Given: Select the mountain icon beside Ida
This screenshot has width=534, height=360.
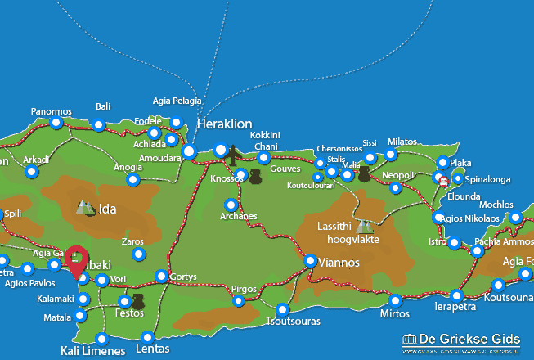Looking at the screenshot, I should pyautogui.click(x=85, y=208).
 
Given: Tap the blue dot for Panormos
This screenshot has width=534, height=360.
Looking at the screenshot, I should pyautogui.click(x=56, y=124).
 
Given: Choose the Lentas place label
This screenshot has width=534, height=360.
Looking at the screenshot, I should pyautogui.click(x=153, y=349).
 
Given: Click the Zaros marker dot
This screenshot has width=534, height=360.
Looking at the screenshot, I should pyautogui.click(x=138, y=255).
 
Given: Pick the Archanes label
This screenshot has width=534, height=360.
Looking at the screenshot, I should pyautogui.click(x=239, y=217).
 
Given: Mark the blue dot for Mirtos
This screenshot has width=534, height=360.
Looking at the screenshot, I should pyautogui.click(x=395, y=300).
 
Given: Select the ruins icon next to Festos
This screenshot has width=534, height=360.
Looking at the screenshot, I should pyautogui.click(x=137, y=301).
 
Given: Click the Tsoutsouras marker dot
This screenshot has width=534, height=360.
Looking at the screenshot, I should pyautogui.click(x=283, y=309).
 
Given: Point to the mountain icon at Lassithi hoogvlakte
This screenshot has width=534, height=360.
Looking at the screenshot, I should pyautogui.click(x=364, y=225).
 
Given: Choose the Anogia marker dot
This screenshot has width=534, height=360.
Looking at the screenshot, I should pyautogui.click(x=133, y=179).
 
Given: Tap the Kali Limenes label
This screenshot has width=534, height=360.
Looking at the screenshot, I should pyautogui.click(x=92, y=351).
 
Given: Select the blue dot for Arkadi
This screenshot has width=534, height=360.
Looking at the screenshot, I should pyautogui.click(x=31, y=172).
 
